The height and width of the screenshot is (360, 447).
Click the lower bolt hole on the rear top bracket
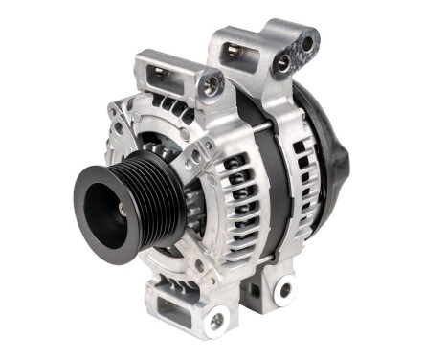pos(283,66)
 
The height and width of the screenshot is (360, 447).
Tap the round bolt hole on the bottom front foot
pos(217,320)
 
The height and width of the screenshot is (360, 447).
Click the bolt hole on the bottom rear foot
pos(284,289)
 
